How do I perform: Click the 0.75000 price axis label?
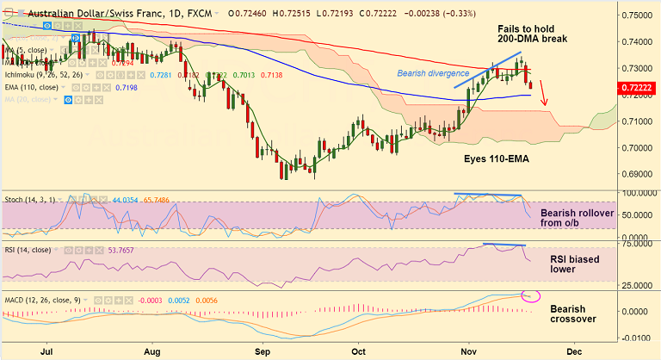[x=638, y=16]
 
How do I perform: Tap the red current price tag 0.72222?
[x=638, y=87]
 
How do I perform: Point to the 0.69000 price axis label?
[x=638, y=173]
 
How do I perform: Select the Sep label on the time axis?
[x=263, y=351]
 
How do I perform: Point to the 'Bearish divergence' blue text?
[x=433, y=73]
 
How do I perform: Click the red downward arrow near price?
[x=543, y=95]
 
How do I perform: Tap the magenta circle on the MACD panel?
[x=531, y=296]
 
